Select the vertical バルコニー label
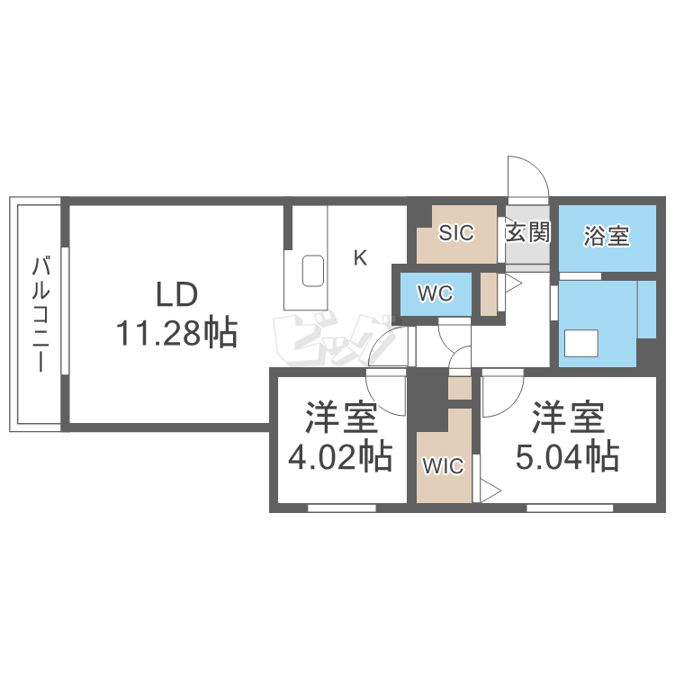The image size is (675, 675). tap(40, 315)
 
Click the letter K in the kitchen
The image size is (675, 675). tap(359, 258)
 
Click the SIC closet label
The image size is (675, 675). tap(456, 233)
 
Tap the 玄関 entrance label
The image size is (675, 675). tap(527, 233)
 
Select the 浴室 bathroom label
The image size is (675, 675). tap(606, 236)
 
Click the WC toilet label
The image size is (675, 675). tap(433, 293)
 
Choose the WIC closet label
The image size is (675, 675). tap(443, 466)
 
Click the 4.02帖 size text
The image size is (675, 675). tap(339, 458)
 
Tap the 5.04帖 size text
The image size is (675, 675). tap(566, 458)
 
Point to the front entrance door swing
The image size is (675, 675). tap(526, 175)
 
